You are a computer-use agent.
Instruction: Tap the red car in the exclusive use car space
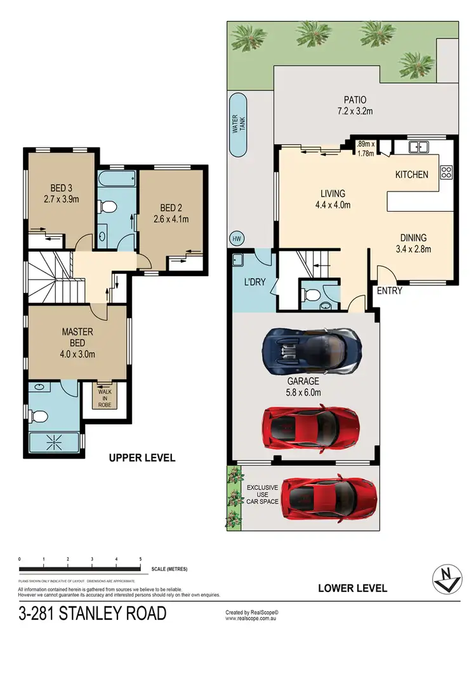click(x=328, y=498)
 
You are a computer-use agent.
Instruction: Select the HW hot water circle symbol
click(x=237, y=239)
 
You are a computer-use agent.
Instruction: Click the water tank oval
click(x=238, y=125)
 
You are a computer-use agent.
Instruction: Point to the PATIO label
click(x=355, y=100)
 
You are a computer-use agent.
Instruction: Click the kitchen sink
click(x=419, y=147)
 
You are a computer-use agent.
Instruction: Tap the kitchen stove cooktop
click(x=446, y=171)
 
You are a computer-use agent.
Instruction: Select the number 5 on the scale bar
click(x=140, y=559)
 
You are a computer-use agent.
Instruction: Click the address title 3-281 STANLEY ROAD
click(x=93, y=614)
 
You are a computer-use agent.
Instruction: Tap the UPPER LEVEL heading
click(x=142, y=457)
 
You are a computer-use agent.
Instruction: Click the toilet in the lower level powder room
click(x=310, y=295)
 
